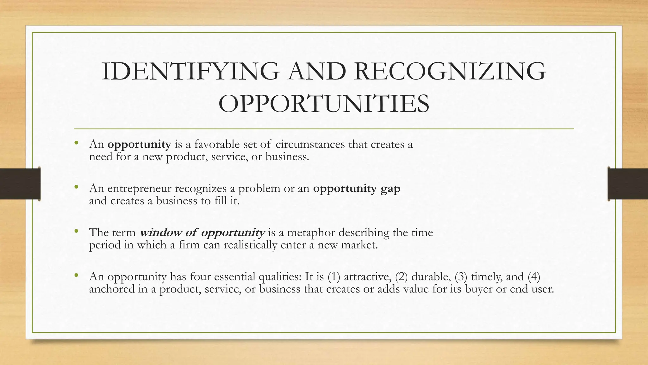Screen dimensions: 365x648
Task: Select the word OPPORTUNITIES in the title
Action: [x=324, y=104]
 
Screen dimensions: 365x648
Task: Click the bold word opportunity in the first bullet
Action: [x=139, y=144]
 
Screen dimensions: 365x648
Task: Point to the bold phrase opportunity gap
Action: [x=357, y=189]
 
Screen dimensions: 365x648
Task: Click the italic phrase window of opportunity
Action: [x=202, y=233]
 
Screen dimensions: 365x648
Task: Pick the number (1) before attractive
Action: [x=334, y=277]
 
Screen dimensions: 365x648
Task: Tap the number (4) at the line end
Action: [x=534, y=277]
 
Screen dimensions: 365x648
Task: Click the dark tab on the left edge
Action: [x=20, y=184]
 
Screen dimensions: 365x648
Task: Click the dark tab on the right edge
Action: [x=628, y=184]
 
